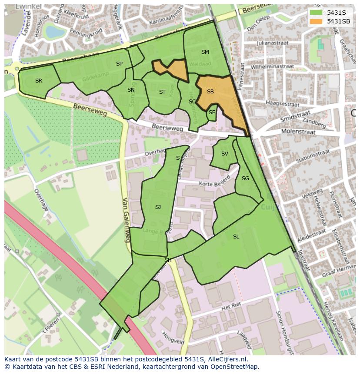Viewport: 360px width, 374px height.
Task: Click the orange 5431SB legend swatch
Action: click(316, 21)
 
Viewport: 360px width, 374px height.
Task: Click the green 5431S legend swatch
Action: click(316, 12)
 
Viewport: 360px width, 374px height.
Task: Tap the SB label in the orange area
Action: click(210, 92)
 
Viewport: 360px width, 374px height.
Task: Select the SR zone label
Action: click(39, 81)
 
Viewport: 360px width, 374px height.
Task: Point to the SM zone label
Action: click(205, 52)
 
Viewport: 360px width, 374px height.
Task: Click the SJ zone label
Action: click(158, 207)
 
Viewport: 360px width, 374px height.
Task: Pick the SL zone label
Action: click(236, 237)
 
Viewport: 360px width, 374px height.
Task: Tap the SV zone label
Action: click(225, 154)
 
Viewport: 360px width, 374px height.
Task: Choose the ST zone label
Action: click(162, 92)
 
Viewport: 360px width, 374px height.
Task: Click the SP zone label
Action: click(119, 64)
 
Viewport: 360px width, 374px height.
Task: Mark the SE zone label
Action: click(212, 113)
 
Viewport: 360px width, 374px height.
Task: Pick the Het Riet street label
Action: click(231, 307)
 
